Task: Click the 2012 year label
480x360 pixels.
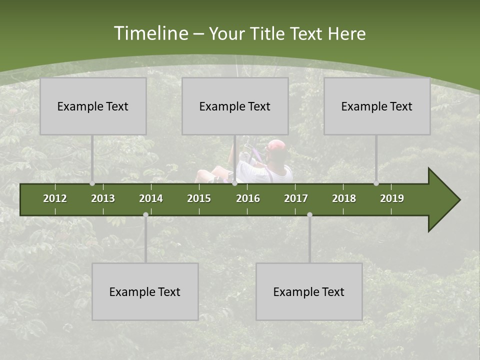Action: [55, 198]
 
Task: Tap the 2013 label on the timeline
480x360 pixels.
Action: [103, 198]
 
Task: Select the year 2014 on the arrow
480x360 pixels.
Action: [151, 198]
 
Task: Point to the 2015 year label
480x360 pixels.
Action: [199, 198]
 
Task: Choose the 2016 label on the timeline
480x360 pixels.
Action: [248, 198]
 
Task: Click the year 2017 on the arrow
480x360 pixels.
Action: [296, 198]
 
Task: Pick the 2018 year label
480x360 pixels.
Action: [344, 198]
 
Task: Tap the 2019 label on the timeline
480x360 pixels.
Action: [392, 198]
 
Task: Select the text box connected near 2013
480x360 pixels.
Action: [93, 106]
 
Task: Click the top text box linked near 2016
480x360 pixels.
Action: [235, 106]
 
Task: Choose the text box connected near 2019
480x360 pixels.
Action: [377, 106]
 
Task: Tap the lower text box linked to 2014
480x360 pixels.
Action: [145, 291]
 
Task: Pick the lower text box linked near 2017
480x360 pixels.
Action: [309, 291]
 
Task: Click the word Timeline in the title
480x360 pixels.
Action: [150, 33]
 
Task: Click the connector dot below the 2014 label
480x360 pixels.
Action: [145, 215]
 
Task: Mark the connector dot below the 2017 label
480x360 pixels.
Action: [309, 215]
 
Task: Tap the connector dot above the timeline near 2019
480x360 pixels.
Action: [376, 183]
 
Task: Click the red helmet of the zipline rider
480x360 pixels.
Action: [276, 146]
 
